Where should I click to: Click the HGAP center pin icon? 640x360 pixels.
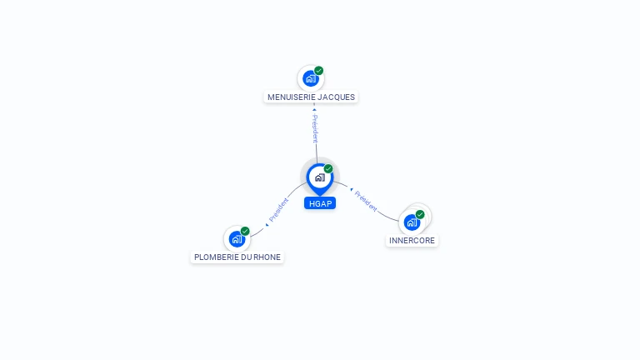coord(320,179)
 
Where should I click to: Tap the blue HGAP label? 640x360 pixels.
coord(320,203)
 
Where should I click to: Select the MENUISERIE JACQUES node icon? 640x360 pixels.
coord(311,78)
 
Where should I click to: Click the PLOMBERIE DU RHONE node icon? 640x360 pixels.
coord(237,239)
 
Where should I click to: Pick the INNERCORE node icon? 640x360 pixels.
coord(412,222)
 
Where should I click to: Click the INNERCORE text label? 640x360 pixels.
coord(412,240)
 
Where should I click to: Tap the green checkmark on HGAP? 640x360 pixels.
coord(328,168)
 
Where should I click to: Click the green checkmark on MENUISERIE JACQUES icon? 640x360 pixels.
coord(319,71)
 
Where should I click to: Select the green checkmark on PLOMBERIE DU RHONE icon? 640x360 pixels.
coord(245,231)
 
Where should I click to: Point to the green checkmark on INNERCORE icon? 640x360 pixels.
coord(420,214)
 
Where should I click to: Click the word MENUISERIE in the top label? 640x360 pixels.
coord(291,97)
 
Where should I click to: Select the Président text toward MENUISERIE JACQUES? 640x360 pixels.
coord(315,128)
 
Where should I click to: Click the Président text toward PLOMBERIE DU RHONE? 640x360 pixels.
coord(279,210)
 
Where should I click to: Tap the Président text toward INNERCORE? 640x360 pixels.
coord(366,201)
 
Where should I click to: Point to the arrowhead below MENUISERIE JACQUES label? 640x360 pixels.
coord(314,109)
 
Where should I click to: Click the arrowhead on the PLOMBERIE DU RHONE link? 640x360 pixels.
coord(267,224)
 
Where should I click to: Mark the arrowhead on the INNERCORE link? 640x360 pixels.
coord(352,189)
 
